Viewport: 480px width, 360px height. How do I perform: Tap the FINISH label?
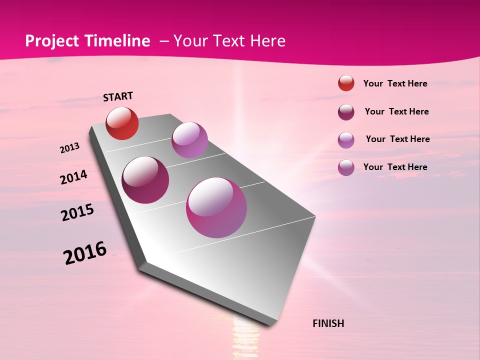coord(328,323)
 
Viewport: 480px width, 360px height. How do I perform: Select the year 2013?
coord(69,148)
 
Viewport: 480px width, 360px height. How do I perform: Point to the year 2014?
coord(73,177)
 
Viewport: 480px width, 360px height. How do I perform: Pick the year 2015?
coord(77,212)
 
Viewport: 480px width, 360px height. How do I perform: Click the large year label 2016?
coord(85,252)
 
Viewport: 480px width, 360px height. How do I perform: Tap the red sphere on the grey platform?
coord(122,123)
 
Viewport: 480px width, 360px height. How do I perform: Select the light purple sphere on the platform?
coord(189,139)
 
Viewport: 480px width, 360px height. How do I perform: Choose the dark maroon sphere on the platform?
coord(145,179)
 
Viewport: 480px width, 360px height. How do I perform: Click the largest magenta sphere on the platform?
coord(216,207)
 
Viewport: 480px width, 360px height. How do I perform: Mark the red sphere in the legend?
coord(346,83)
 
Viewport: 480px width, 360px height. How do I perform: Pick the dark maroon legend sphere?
coord(346,112)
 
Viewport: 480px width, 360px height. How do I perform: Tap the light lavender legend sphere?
coord(346,140)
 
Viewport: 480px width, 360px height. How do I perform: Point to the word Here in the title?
coord(267,41)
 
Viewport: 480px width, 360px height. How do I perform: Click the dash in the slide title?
coord(164,41)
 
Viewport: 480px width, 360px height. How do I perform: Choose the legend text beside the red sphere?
coord(395,83)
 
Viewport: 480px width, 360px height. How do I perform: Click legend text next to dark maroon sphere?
coord(396,111)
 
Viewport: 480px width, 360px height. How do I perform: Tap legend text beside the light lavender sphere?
coord(397,139)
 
